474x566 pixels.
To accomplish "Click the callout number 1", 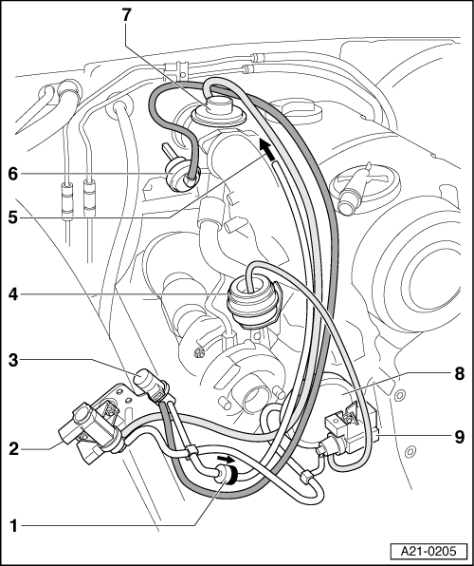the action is click(x=13, y=525).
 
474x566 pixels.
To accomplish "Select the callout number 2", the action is click(x=13, y=448).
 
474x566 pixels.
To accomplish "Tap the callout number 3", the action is click(x=13, y=360).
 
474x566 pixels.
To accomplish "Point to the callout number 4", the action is click(x=13, y=294).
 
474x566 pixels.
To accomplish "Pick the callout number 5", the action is click(x=13, y=217).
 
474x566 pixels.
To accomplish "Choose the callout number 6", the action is click(x=13, y=174).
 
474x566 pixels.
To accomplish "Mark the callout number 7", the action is click(x=126, y=15).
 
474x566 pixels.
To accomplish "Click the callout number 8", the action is click(x=459, y=373).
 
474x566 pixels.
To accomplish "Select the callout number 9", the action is click(x=459, y=437).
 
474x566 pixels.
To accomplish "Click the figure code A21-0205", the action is click(x=428, y=551).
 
